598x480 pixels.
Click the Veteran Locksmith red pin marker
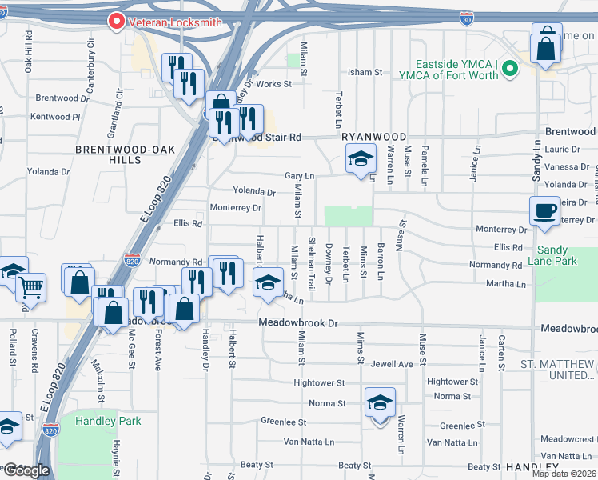tap(117, 22)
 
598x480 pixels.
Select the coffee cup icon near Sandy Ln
tap(544, 211)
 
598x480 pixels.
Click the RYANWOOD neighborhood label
tap(374, 137)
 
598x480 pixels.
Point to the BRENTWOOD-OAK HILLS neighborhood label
tap(108, 154)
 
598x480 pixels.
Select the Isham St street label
tap(365, 72)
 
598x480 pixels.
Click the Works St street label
tap(273, 83)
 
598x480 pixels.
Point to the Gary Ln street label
tap(300, 176)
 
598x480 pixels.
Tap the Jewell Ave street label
tap(392, 364)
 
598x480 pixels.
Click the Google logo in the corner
tap(26, 470)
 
